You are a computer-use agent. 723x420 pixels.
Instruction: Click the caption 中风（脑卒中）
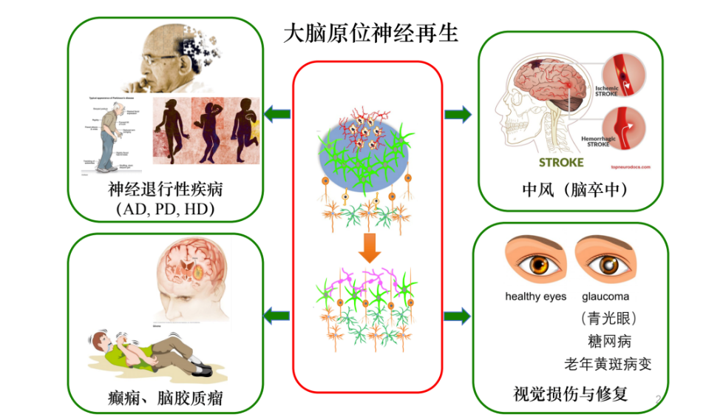coord(574,191)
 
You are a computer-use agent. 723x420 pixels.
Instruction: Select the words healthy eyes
coord(535,297)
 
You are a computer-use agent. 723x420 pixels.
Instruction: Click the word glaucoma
coord(605,297)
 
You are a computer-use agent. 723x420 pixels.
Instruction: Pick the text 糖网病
coord(605,341)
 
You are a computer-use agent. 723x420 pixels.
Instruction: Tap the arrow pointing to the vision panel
coord(458,316)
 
